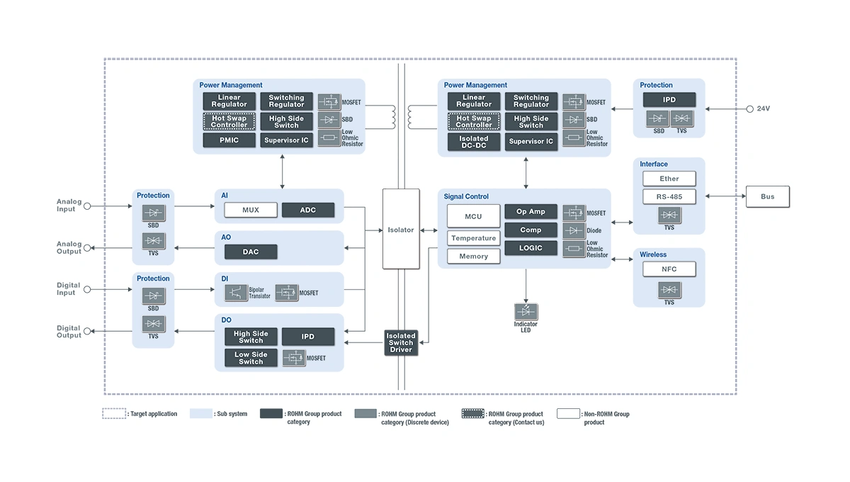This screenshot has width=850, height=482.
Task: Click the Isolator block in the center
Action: tap(401, 229)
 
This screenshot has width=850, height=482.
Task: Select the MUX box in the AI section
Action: tap(250, 210)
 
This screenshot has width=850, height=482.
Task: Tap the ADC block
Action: tap(308, 210)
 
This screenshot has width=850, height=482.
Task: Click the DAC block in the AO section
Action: tap(251, 252)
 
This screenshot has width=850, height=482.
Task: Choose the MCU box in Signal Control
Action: tap(473, 216)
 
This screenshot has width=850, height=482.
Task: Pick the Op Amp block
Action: tap(531, 212)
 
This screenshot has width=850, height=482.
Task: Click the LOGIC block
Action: tap(531, 248)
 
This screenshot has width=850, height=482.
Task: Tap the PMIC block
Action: tap(229, 140)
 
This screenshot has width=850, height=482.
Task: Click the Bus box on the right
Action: tap(767, 196)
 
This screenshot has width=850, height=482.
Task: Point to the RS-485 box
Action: tap(669, 196)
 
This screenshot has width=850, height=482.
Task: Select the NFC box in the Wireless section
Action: tap(669, 269)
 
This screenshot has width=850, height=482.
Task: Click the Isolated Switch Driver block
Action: tap(401, 343)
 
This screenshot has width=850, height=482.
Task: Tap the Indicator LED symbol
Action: tap(526, 311)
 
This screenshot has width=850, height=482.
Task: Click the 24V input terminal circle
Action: tap(749, 109)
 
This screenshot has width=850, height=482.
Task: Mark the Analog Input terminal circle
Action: tap(88, 206)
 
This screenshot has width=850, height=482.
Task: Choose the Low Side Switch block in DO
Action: tap(251, 358)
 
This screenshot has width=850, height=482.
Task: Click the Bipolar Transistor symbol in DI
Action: tap(236, 292)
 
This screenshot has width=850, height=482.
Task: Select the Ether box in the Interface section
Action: tap(669, 179)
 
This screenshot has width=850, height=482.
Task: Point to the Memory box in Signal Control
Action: tap(473, 257)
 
